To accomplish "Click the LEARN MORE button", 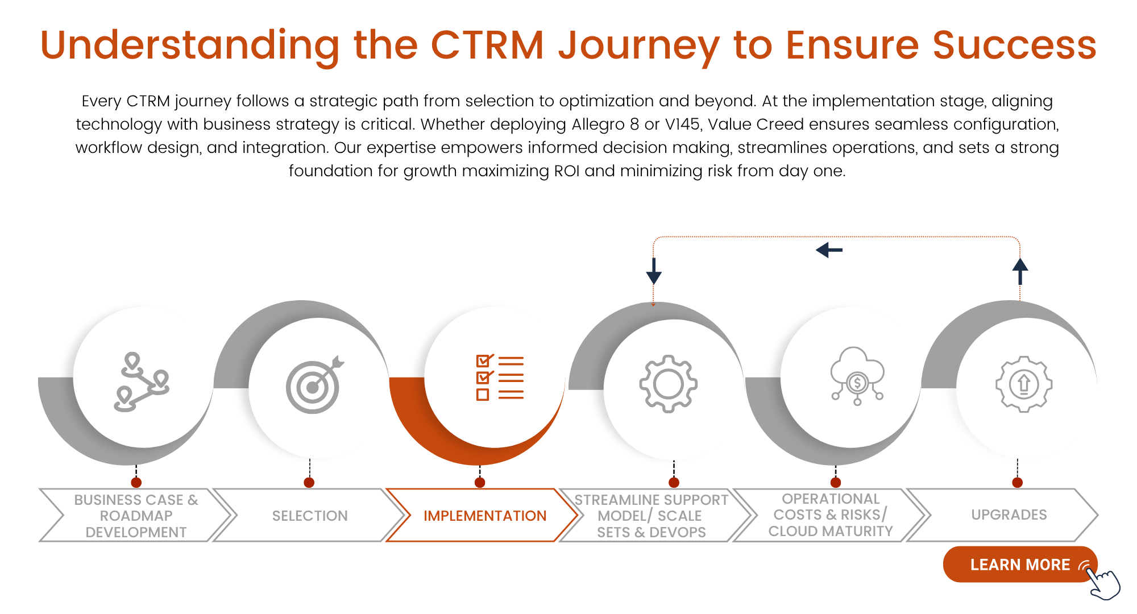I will [x=1019, y=565].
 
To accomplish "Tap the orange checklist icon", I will [x=500, y=377].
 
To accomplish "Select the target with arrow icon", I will [x=314, y=385].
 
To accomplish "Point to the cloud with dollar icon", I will [x=857, y=376].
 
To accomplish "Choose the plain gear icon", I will [x=668, y=384].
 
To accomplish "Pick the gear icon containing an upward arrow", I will [x=1024, y=384].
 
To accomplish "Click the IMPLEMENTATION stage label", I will [x=485, y=516].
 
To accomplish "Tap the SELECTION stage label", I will [x=310, y=516].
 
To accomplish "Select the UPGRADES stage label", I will [x=1009, y=515].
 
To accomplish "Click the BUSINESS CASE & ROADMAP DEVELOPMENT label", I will [x=136, y=516].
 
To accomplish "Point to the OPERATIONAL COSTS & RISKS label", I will [x=831, y=515].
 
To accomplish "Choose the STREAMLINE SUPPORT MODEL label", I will [x=651, y=516].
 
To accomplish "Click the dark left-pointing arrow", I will [x=829, y=250].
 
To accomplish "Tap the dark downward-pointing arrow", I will [x=654, y=271].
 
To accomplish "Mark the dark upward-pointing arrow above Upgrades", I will [x=1020, y=271].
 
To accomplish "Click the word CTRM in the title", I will [x=487, y=45].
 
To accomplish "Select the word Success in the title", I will [x=1014, y=45].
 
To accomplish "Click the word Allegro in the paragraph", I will [x=598, y=124].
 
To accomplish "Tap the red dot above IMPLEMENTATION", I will [x=480, y=483].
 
